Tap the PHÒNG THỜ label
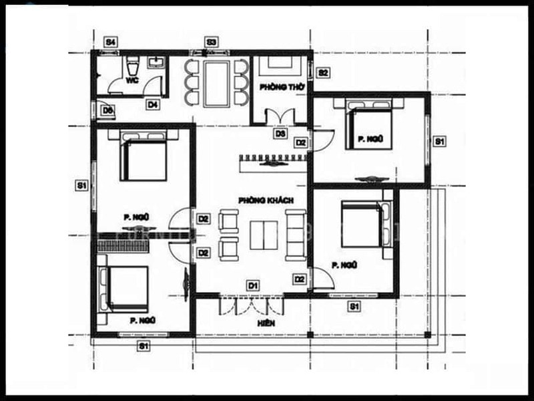click(x=278, y=87)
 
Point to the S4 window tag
click(x=111, y=42)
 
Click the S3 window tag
click(x=211, y=42)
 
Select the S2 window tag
click(x=322, y=72)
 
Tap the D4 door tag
click(x=153, y=104)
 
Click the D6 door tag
click(x=107, y=110)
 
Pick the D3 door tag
click(x=280, y=134)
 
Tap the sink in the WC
click(x=158, y=63)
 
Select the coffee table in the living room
click(x=262, y=234)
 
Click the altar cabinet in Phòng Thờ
click(x=278, y=65)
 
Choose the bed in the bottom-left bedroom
click(x=125, y=287)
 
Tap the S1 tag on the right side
click(x=439, y=141)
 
